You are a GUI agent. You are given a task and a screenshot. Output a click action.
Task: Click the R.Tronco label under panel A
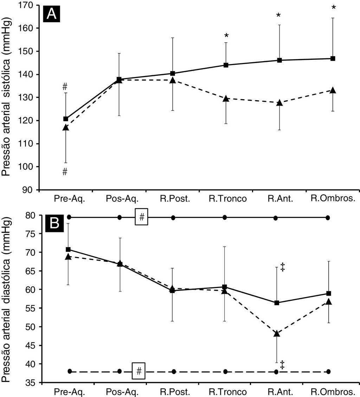(x=227, y=199)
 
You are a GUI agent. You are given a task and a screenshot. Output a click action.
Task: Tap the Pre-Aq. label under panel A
(x=67, y=199)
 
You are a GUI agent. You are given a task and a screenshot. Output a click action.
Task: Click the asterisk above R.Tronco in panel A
(x=226, y=36)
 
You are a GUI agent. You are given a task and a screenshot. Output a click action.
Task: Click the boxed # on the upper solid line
(x=141, y=218)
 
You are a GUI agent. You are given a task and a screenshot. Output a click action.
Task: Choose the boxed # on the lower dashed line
(x=139, y=371)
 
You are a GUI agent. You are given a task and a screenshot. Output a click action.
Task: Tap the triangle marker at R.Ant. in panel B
(x=277, y=333)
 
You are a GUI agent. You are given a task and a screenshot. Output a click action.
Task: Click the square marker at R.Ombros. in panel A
(x=333, y=58)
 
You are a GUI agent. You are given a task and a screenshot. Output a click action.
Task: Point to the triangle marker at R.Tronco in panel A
(x=226, y=99)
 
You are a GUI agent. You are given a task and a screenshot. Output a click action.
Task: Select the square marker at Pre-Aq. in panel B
(x=68, y=249)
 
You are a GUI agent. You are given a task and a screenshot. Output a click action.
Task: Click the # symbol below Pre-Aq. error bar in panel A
(x=65, y=172)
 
